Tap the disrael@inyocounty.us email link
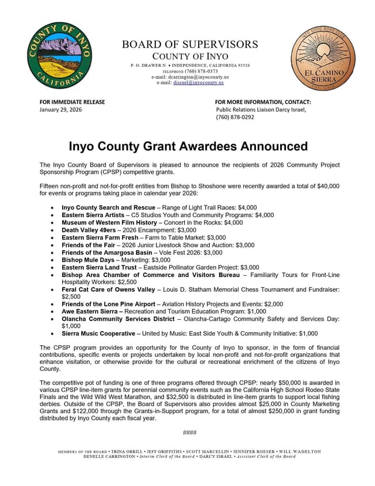(199, 83)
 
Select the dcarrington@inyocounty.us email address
(199, 77)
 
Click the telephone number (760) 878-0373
(202, 71)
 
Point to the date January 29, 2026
(61, 110)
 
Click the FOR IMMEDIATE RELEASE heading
(72, 102)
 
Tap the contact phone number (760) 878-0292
(235, 117)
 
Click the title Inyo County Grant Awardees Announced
(188, 146)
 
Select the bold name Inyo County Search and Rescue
(110, 208)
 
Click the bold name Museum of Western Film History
(110, 223)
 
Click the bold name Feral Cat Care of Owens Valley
(108, 290)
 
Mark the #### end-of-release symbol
(189, 433)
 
